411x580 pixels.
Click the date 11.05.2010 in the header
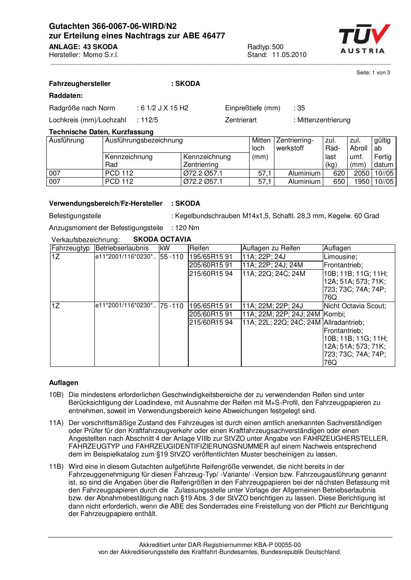pos(289,55)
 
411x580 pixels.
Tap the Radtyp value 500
pos(278,47)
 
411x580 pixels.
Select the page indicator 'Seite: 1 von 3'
pos(373,73)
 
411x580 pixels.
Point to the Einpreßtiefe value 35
pos(301,108)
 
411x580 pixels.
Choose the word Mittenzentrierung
pos(324,120)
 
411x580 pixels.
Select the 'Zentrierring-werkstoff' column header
pos(296,144)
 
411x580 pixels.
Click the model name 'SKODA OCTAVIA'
pos(162,240)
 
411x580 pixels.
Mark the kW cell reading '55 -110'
pos(171,257)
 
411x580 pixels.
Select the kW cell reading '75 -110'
pos(171,306)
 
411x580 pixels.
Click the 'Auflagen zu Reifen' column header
pos(271,248)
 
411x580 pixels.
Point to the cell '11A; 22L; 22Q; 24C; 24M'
pos(281,322)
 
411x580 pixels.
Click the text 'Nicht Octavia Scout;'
pos(355,306)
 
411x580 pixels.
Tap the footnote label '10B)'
pos(56,395)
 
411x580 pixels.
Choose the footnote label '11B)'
pos(56,467)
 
